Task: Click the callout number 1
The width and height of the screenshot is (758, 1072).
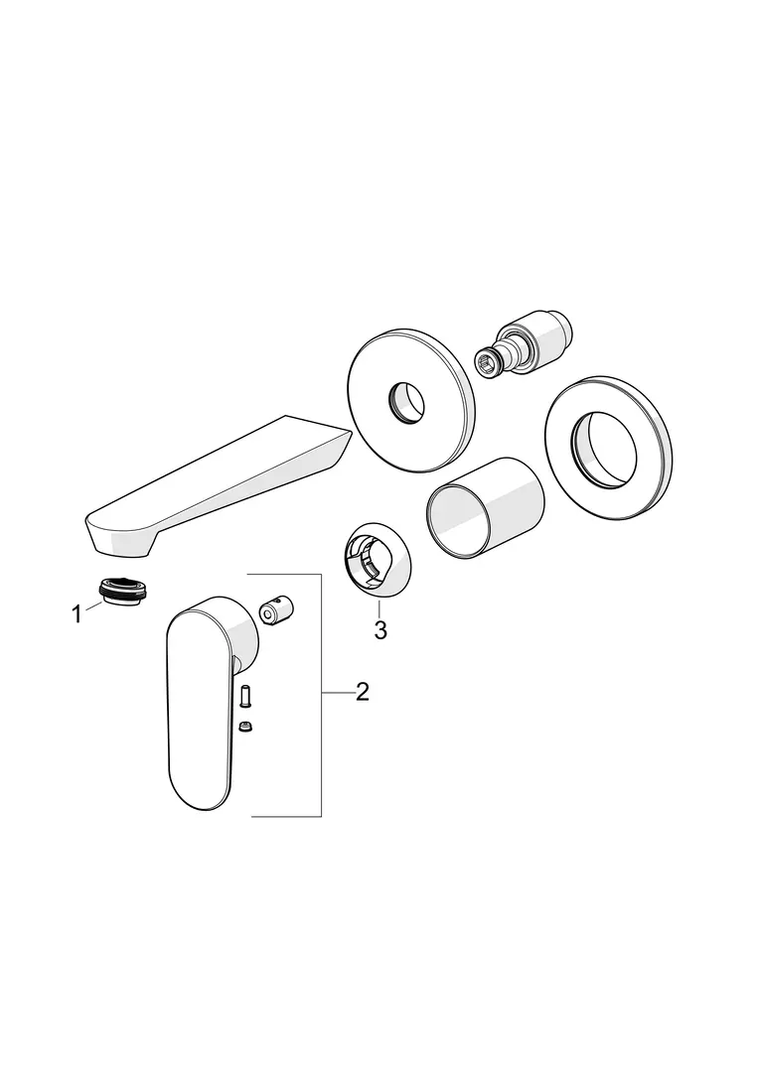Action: [77, 614]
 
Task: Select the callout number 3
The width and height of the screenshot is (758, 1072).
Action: [380, 629]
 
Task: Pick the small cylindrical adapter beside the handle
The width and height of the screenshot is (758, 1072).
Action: [276, 609]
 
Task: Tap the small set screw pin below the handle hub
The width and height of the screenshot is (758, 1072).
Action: [244, 695]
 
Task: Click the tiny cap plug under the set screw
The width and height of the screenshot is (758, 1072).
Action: [244, 726]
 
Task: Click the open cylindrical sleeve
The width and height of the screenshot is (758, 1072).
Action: [485, 508]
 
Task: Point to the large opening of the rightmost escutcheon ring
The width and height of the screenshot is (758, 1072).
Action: [605, 451]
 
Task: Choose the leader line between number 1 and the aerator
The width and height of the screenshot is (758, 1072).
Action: [93, 605]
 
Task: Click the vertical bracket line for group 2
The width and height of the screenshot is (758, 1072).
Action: [322, 695]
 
